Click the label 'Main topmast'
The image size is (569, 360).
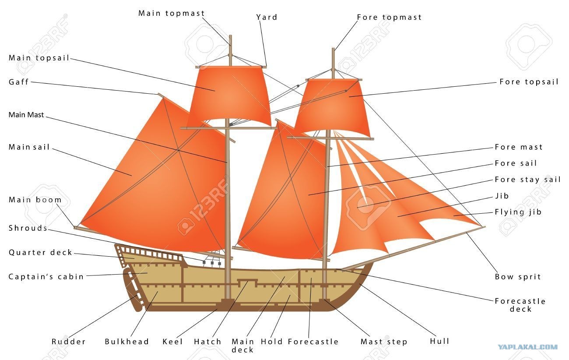[171, 13]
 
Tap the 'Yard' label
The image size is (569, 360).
[267, 17]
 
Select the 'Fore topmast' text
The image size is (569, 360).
[389, 17]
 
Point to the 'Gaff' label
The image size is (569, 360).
[18, 82]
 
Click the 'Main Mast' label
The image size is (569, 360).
[26, 115]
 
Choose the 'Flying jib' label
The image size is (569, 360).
[518, 212]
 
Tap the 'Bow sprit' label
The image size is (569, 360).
[518, 277]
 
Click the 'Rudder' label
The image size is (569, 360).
[69, 342]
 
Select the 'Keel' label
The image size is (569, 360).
[172, 342]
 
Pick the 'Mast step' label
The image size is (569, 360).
[384, 342]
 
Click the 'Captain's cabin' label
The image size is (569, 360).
[46, 276]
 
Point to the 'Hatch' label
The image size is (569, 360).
[207, 342]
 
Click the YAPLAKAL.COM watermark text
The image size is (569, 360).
[527, 347]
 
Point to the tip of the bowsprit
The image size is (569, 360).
[485, 226]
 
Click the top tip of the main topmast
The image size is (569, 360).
[230, 35]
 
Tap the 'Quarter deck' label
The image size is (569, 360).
[40, 252]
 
